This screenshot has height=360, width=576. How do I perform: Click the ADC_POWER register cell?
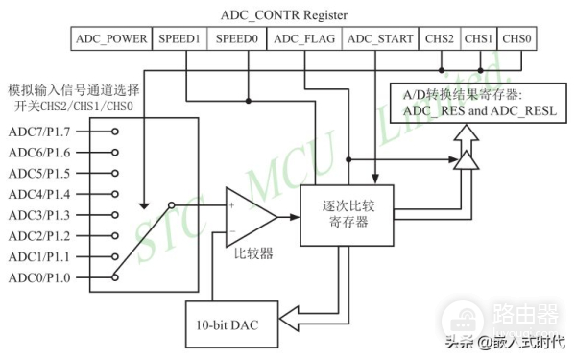coord(111,39)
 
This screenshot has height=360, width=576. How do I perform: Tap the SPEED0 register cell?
coord(236,39)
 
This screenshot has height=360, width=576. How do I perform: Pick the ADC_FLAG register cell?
coord(303,39)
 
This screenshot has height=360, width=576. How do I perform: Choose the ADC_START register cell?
coord(379,39)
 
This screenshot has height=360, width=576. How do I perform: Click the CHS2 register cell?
coord(439,39)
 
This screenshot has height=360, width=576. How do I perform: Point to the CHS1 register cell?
coord(478,39)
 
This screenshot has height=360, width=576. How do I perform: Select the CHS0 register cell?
coord(516,39)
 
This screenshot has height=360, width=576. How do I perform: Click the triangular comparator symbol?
coord(248,215)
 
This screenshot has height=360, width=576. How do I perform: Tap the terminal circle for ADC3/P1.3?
coord(114,215)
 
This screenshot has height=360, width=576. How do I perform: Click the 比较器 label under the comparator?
coord(253,254)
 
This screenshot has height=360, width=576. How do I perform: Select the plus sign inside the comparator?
coord(232,204)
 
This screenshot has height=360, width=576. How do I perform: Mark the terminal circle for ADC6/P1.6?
coord(114,152)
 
